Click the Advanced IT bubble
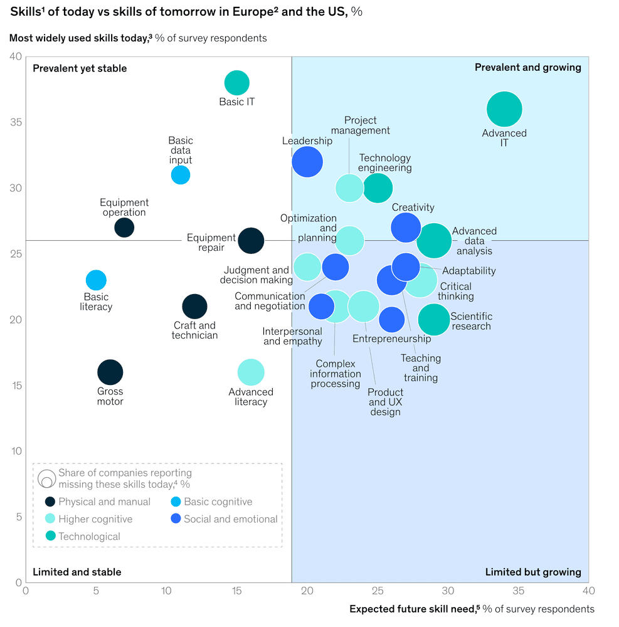504,109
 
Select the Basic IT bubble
236,83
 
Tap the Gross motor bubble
110,372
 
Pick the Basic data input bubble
180,175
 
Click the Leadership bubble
307,161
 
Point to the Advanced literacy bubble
251,372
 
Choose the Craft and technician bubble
194,307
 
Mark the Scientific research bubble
433,320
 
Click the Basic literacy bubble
95,280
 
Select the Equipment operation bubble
124,227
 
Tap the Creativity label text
413,208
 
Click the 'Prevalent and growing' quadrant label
527,67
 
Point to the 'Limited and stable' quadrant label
77,572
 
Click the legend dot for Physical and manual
50,502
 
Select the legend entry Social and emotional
230,519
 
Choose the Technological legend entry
89,537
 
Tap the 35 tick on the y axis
16,122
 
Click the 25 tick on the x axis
378,591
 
